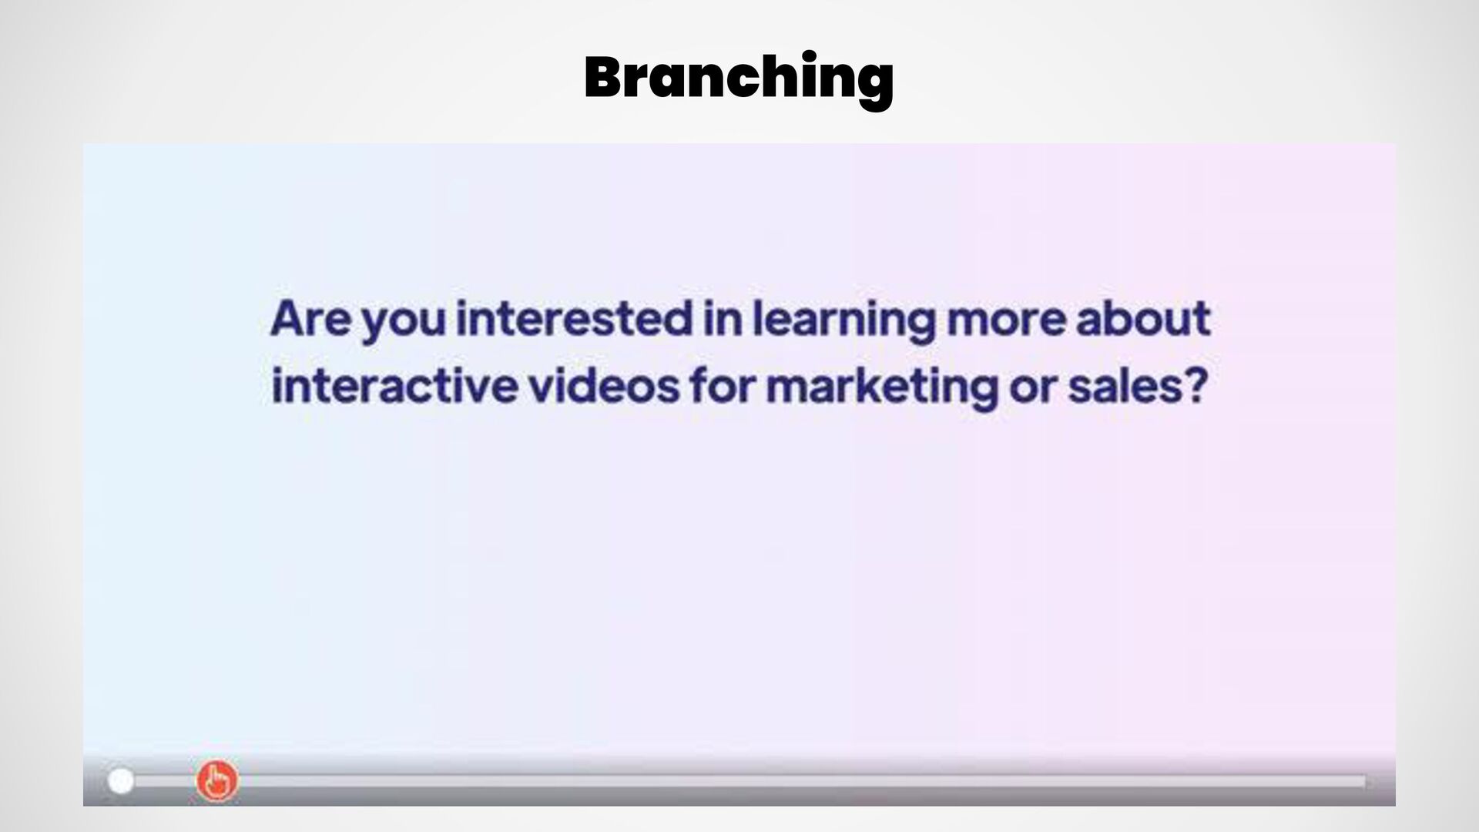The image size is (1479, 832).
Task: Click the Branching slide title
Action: [x=739, y=79]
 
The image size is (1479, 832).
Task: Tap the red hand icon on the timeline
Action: [x=216, y=781]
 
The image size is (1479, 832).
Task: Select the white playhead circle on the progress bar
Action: [x=120, y=781]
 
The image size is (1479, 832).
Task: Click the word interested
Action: [x=575, y=319]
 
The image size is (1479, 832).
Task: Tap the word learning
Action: [x=843, y=322]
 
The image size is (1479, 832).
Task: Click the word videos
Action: [x=604, y=385]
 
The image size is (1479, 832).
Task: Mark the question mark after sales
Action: [x=1191, y=385]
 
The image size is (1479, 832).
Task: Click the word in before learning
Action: [x=723, y=319]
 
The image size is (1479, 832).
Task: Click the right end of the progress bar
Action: [x=1365, y=782]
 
